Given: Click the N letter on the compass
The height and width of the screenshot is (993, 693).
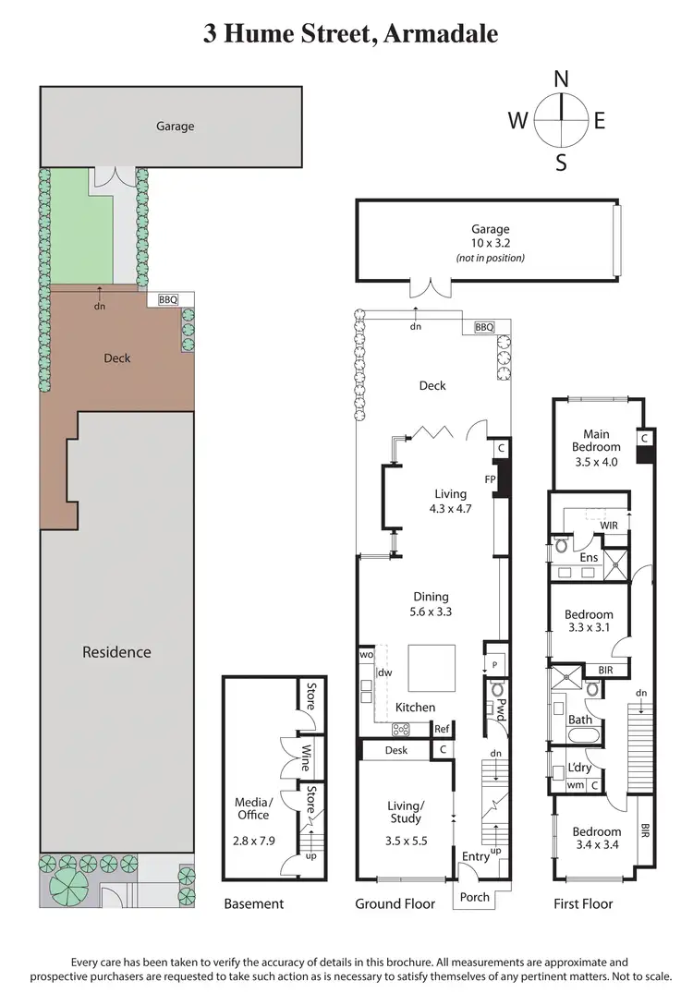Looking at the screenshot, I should coord(561,79).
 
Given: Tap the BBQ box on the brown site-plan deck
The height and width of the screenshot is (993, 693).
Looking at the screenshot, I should coord(168,299).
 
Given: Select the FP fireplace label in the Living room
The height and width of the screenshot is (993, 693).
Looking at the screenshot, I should coord(491,479).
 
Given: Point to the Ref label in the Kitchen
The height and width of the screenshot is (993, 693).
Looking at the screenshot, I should coord(442,728).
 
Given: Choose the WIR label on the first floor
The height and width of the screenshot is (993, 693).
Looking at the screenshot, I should coord(609,526).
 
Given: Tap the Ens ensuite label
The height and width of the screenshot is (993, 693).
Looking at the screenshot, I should coord(589,557).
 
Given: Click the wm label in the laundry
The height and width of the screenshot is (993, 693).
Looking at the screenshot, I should coord(576,785).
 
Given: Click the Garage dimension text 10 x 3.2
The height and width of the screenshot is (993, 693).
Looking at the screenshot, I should coord(490,244).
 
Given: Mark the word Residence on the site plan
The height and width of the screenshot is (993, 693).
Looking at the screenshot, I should coord(116,652).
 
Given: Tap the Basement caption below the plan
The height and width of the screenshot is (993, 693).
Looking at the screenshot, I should coord(254,903).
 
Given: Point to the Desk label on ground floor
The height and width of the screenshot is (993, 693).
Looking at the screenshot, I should coord(396,750).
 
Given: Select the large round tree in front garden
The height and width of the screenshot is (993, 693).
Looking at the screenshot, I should coord(66,888).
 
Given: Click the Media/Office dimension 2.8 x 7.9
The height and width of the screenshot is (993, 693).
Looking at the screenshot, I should coord(252,842).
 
